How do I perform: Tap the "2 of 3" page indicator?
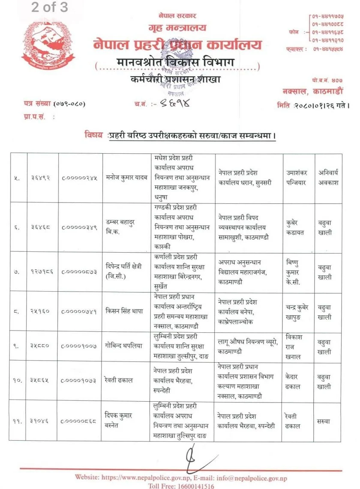click(x=49, y=8)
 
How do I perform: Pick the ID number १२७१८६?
click(x=42, y=271)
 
